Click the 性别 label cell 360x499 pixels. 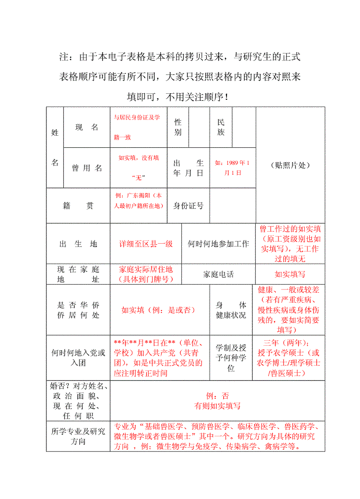tap(178, 127)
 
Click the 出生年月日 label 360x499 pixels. tap(188, 168)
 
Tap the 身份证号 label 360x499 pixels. tap(189, 206)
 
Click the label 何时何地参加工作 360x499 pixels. tap(218, 244)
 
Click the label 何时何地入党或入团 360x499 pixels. tap(78, 357)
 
